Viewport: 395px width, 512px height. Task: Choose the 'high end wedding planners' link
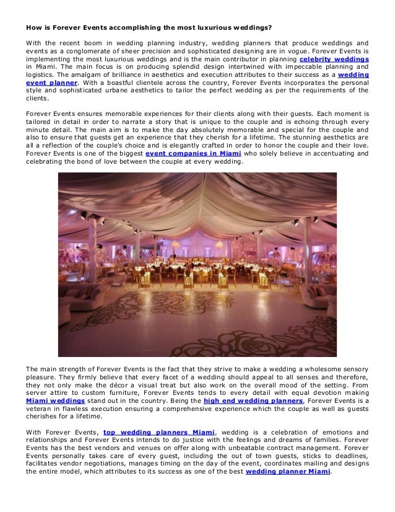click(258, 400)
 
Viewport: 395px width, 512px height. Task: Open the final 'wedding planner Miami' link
click(289, 470)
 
